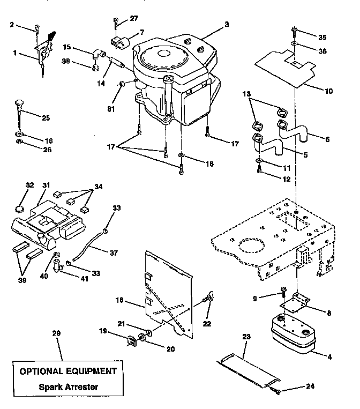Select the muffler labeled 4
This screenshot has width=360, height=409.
tap(291, 334)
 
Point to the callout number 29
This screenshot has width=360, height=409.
tap(57, 333)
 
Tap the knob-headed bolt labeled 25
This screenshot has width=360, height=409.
tap(20, 105)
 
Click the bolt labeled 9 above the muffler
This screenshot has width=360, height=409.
tap(283, 292)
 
